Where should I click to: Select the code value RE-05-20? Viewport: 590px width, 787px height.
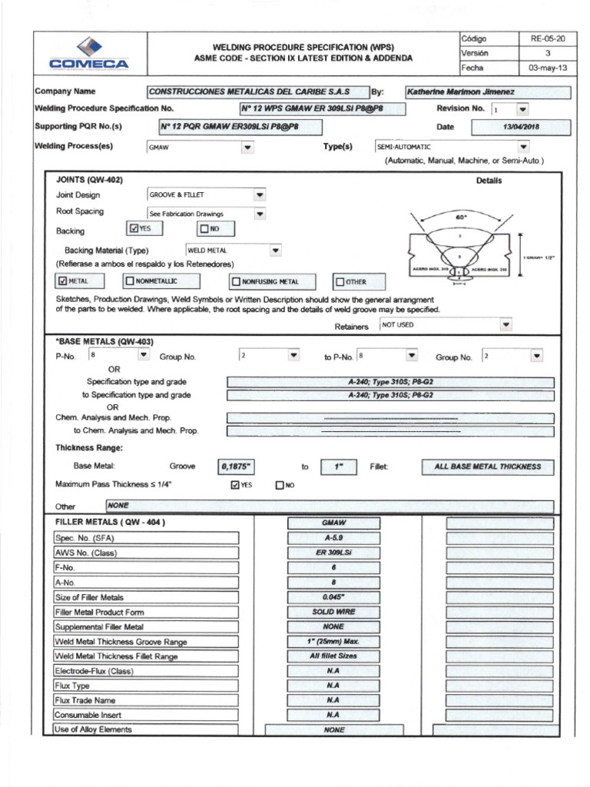tap(543, 38)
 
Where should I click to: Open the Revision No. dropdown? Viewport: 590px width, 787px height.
tap(522, 110)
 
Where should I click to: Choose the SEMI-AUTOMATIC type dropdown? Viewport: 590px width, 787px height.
tap(524, 145)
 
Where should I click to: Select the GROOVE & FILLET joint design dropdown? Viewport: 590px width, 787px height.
tap(259, 195)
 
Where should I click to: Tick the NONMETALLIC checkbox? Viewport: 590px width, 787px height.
tap(130, 281)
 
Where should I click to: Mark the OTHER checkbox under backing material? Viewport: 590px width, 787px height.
tap(340, 282)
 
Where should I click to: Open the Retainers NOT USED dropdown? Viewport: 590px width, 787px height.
tap(505, 325)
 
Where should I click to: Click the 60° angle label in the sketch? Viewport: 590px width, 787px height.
tap(461, 218)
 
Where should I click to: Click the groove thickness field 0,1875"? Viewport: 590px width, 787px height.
tap(237, 466)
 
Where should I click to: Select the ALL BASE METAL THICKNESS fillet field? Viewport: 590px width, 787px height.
tap(487, 466)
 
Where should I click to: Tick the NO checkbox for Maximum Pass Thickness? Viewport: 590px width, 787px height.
tap(280, 485)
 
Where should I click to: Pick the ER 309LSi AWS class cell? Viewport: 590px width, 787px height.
tap(333, 553)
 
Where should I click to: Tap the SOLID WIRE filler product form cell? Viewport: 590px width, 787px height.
tap(333, 612)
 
